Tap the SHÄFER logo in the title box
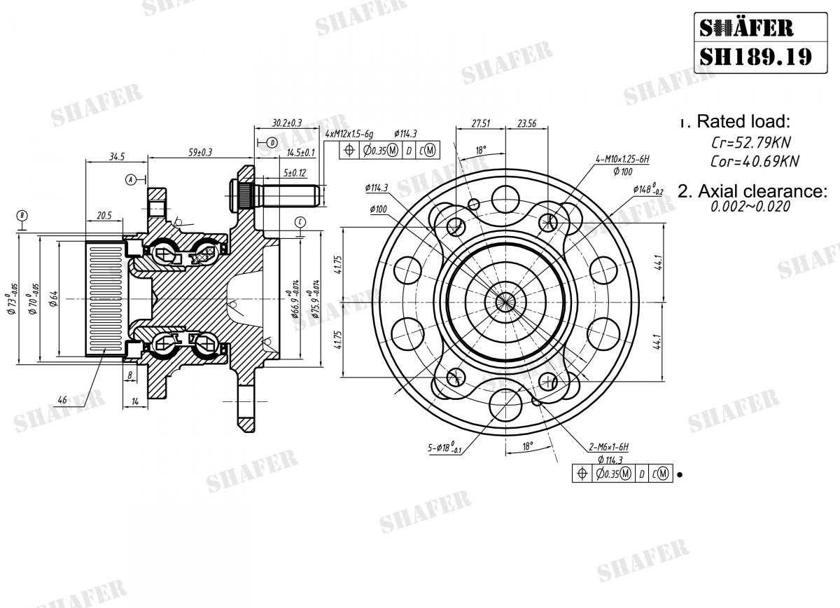pyautogui.click(x=746, y=27)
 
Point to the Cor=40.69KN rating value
pyautogui.click(x=755, y=162)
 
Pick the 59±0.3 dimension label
pyautogui.click(x=199, y=152)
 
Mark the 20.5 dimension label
pyautogui.click(x=104, y=216)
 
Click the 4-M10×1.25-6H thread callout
pyautogui.click(x=622, y=160)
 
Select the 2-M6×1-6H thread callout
pyautogui.click(x=610, y=446)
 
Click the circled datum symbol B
pyautogui.click(x=22, y=214)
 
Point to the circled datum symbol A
pyautogui.click(x=130, y=179)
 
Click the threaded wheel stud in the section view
pyautogui.click(x=280, y=191)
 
